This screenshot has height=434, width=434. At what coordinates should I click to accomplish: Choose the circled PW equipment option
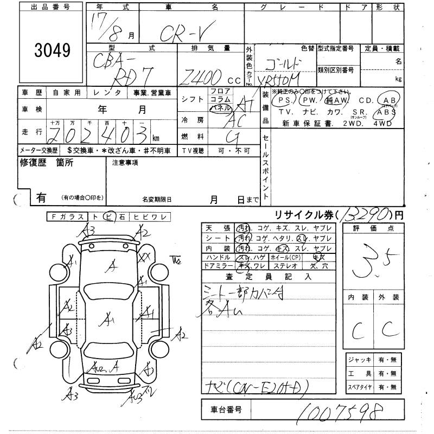(x=310, y=101)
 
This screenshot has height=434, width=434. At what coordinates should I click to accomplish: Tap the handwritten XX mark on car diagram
(x=145, y=257)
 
